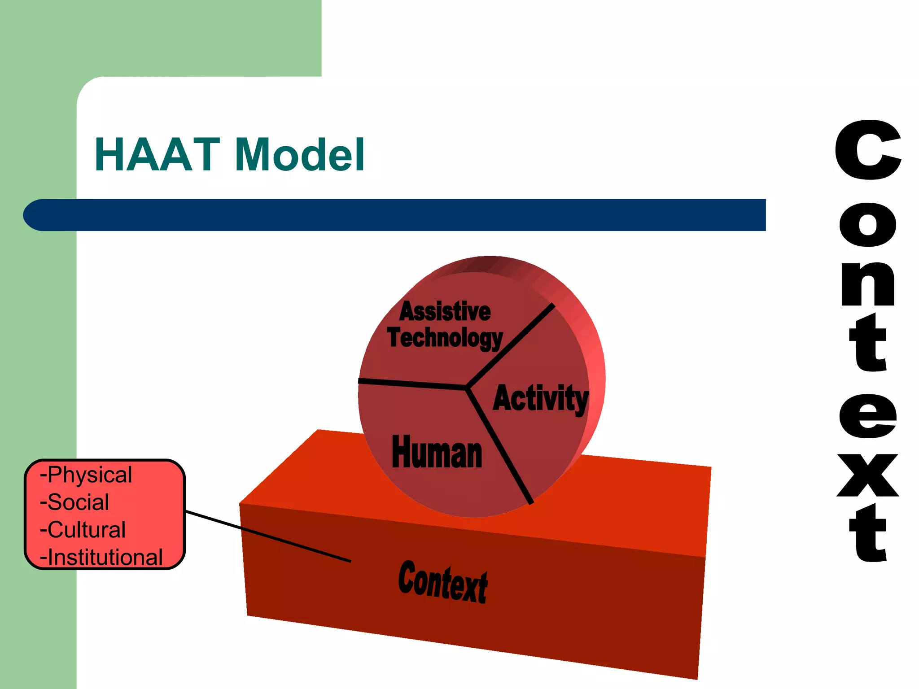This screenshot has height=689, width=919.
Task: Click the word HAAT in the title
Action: [x=157, y=155]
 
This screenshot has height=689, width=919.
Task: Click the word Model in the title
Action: [x=299, y=155]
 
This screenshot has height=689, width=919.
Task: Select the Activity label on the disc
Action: [x=540, y=398]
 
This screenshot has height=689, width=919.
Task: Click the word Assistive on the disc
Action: [x=445, y=312]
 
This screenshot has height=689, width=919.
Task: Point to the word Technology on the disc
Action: [x=445, y=338]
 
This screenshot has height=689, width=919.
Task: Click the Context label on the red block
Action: [x=443, y=581]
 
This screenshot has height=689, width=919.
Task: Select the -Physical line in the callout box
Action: [x=86, y=475]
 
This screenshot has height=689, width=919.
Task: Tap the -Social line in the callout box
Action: [x=74, y=502]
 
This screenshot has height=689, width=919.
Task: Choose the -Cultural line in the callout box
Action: [x=83, y=530]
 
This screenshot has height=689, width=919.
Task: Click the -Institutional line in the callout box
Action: [x=101, y=558]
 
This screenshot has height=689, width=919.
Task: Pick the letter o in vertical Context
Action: [x=867, y=225]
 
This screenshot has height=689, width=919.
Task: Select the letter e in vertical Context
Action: [x=867, y=416]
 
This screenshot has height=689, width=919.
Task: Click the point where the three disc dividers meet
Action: [x=467, y=387]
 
